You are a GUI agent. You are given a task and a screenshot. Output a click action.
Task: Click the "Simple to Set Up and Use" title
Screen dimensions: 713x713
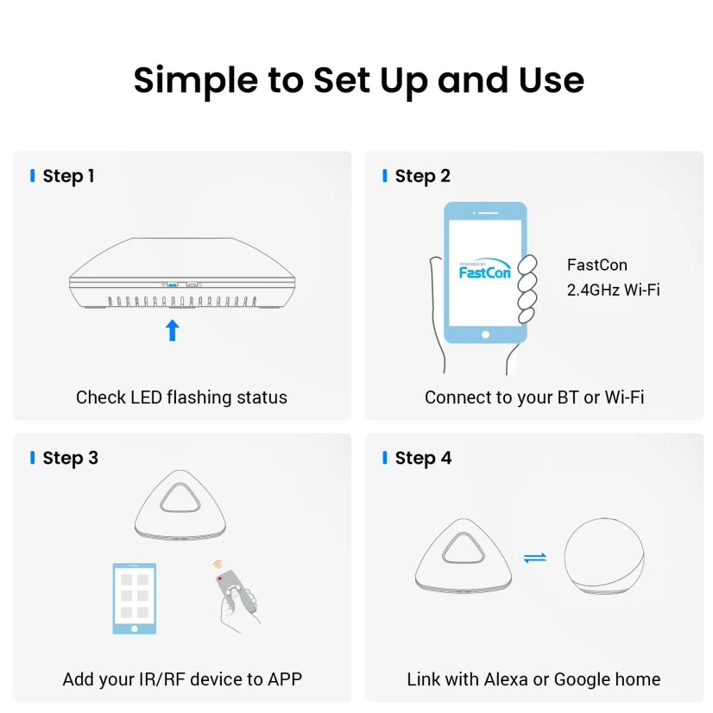[359, 81]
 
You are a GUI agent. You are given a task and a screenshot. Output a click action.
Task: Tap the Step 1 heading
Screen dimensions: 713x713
[68, 177]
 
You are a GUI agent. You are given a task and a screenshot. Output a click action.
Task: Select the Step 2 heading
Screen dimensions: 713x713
[422, 177]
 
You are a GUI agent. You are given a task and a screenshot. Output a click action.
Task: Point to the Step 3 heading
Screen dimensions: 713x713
[70, 459]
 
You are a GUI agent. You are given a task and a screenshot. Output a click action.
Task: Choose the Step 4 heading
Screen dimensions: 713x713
[423, 459]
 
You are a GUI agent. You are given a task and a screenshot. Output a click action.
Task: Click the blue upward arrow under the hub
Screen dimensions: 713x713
[172, 330]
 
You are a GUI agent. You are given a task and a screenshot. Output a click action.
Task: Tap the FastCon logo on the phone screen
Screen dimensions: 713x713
[485, 269]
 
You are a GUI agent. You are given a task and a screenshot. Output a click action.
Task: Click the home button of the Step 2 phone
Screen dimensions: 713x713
[485, 335]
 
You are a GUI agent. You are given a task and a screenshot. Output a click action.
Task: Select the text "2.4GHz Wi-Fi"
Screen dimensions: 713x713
[613, 290]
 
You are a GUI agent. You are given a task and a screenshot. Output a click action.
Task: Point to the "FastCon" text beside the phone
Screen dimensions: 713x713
[596, 265]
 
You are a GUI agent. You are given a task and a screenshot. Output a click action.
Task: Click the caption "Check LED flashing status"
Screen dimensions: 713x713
[181, 397]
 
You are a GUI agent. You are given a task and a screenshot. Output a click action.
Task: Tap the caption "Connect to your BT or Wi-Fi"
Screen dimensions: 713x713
[534, 397]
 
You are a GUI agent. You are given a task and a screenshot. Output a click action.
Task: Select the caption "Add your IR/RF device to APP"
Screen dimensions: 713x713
[182, 679]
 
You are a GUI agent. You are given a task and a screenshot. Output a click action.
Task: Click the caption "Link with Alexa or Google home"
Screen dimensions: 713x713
[533, 679]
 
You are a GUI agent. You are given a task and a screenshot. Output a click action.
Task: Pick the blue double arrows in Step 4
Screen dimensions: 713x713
[535, 558]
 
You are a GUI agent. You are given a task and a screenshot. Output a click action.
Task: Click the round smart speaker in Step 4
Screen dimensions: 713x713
[604, 556]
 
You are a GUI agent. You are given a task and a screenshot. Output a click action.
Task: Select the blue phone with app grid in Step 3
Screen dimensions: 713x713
[135, 598]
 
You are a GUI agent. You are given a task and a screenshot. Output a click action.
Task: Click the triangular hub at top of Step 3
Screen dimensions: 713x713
[180, 504]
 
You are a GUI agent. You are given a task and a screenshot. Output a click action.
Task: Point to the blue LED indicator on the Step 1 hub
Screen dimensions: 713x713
[172, 285]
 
